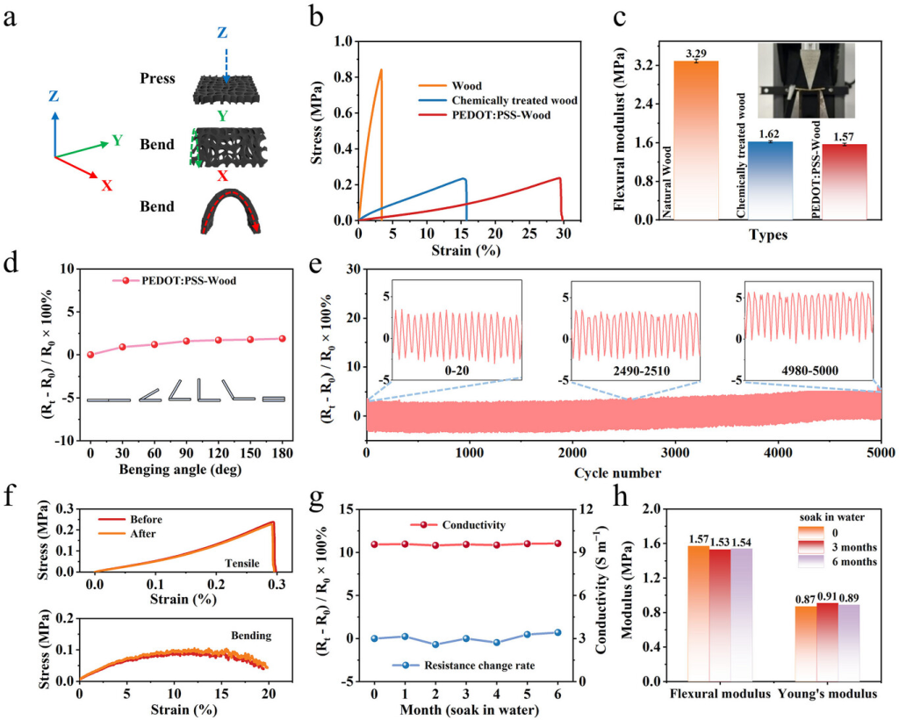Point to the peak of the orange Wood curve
(381, 70)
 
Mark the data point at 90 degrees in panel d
(186, 341)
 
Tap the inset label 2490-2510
(635, 370)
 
